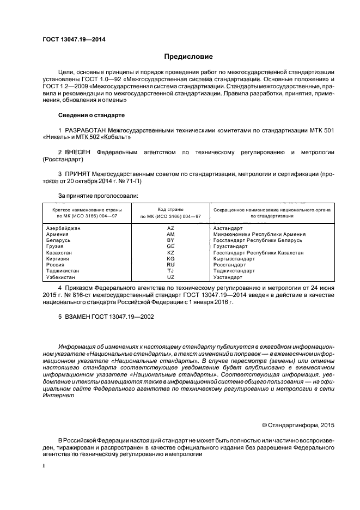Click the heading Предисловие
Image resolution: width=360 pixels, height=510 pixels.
point(188,57)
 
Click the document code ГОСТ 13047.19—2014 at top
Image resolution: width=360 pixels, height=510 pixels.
point(74,40)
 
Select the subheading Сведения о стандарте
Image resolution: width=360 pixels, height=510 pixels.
point(91,116)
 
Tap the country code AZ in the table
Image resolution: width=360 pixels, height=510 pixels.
point(170,228)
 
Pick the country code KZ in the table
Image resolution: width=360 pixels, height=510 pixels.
point(170,253)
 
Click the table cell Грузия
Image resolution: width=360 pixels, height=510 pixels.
point(57,247)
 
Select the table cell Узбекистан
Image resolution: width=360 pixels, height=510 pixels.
point(63,278)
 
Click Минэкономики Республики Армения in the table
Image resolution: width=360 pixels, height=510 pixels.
point(259,234)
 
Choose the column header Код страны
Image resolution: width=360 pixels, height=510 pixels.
point(170,209)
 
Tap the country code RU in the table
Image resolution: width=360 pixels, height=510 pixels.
point(170,265)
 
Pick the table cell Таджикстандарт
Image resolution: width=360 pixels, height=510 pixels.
point(234,271)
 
